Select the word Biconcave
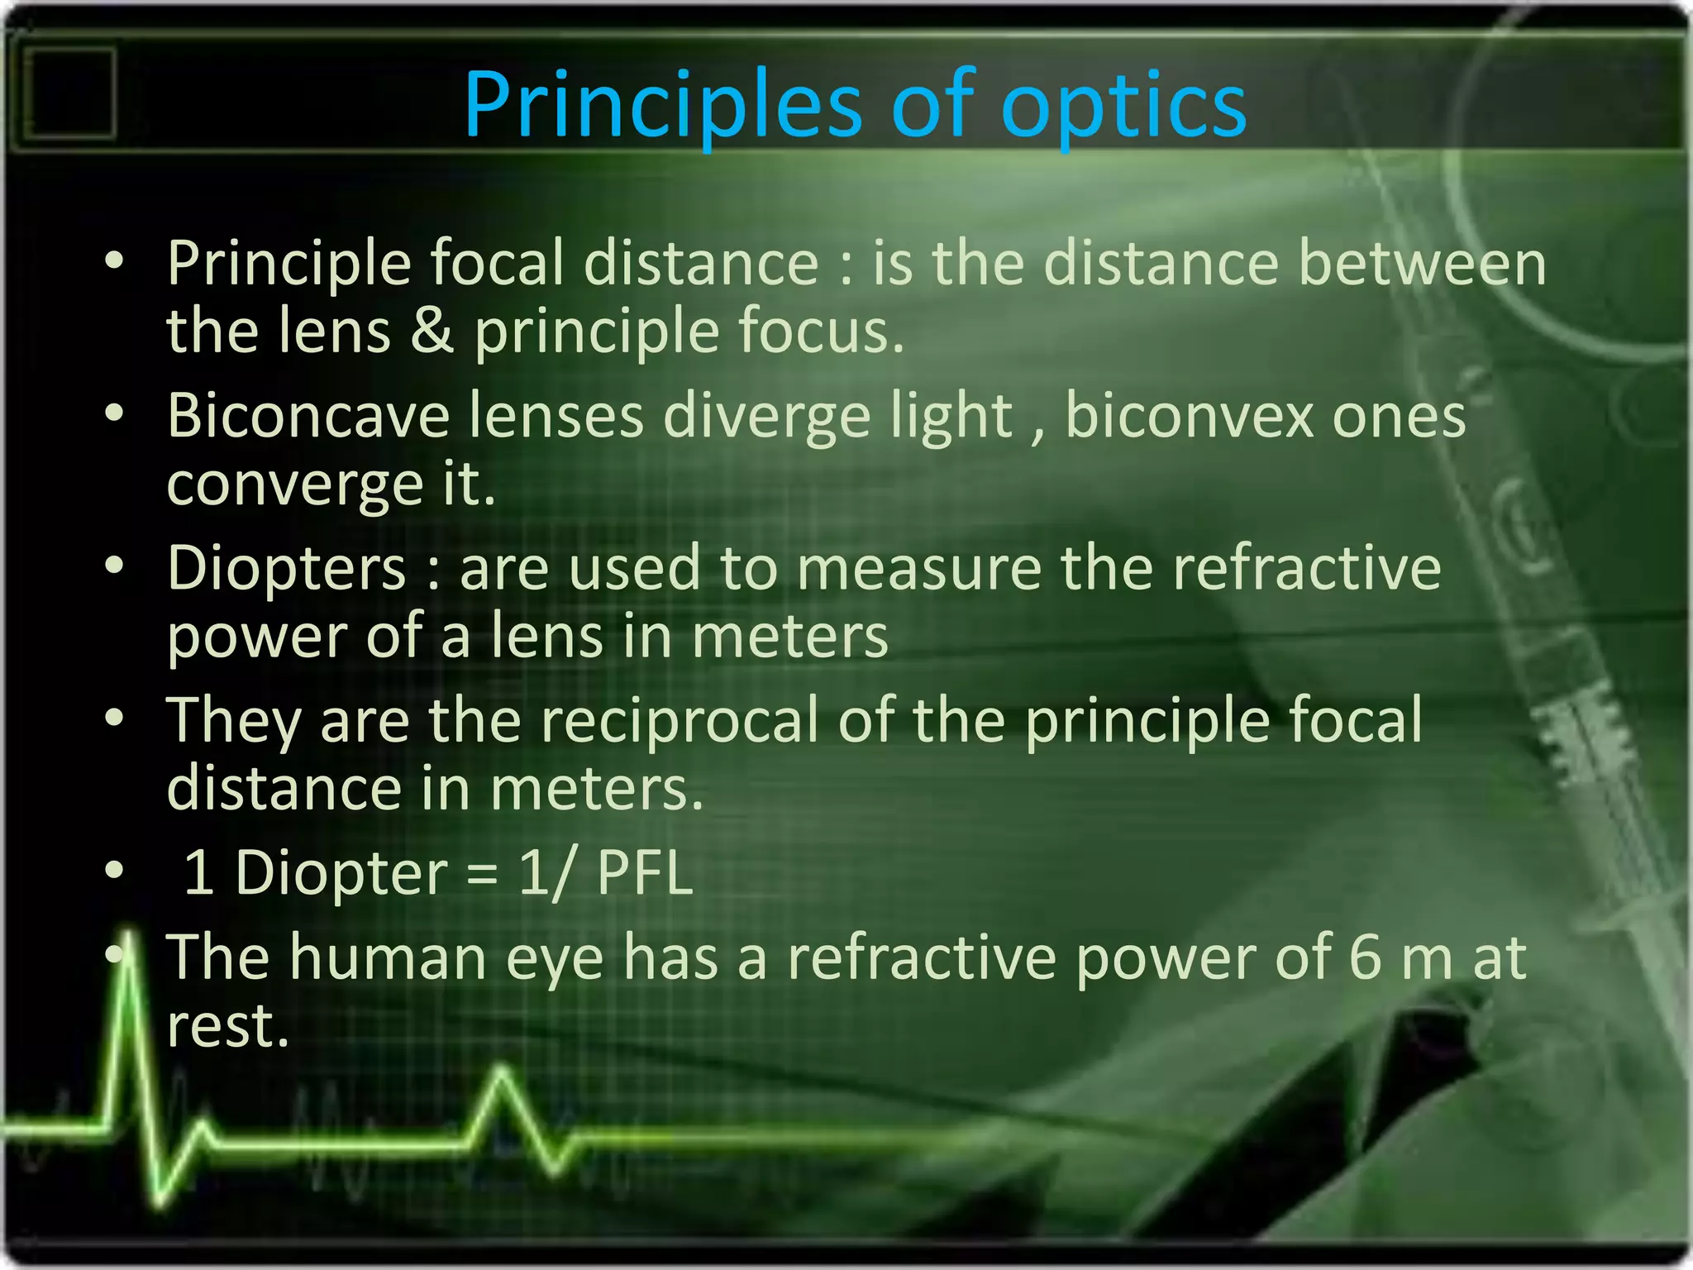click(308, 415)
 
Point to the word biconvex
click(1189, 415)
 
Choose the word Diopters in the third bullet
click(286, 568)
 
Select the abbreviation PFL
click(644, 873)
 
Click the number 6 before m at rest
click(1365, 957)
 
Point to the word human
click(388, 957)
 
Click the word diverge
click(765, 417)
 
